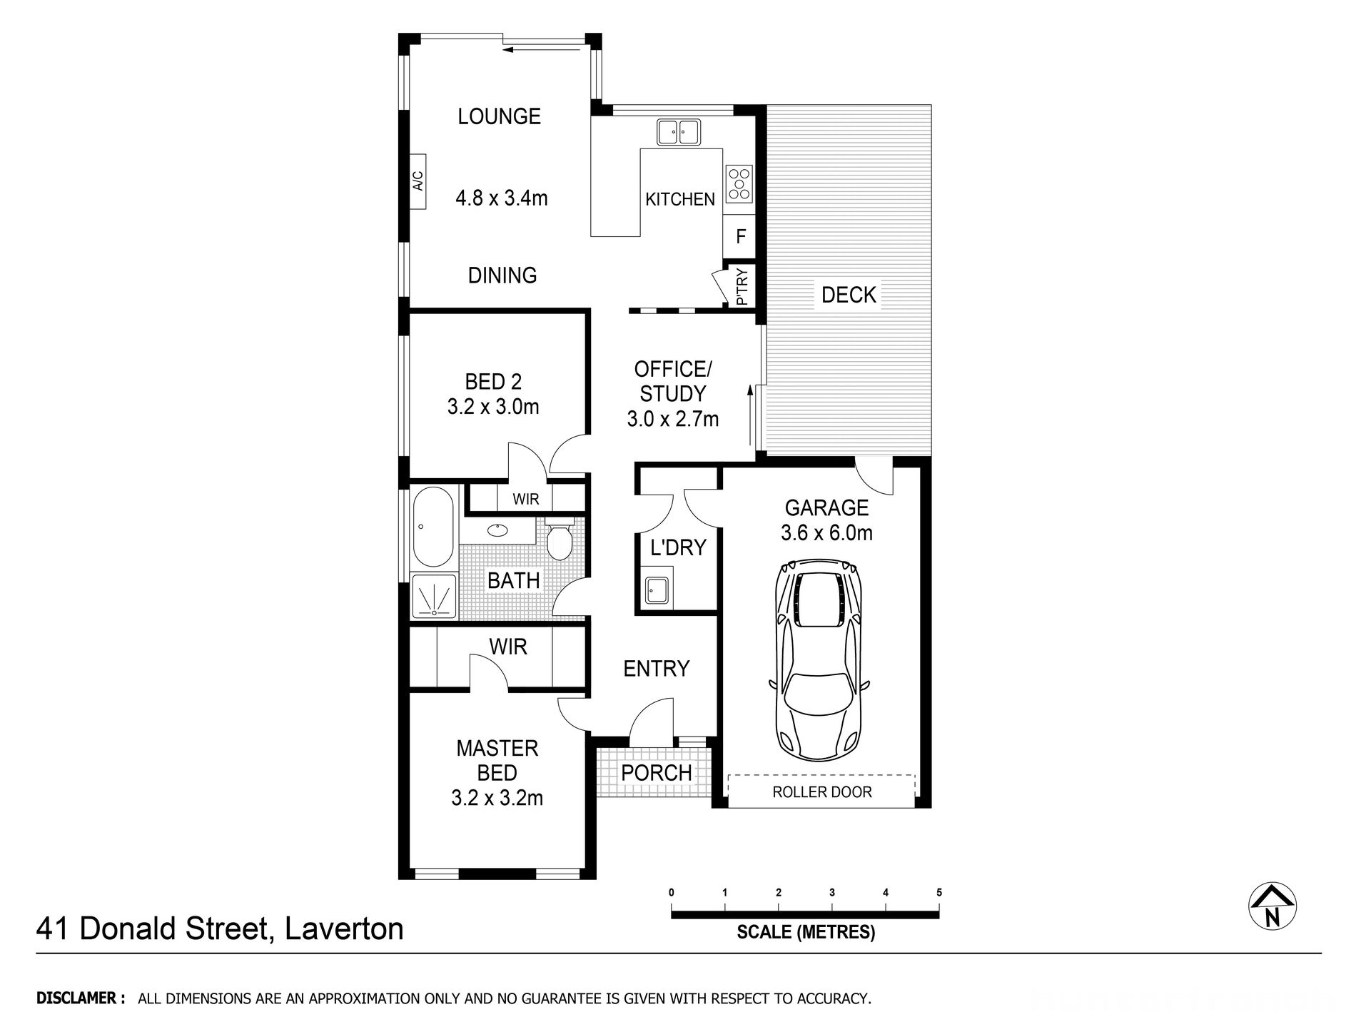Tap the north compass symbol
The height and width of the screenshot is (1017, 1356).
[x=1272, y=907]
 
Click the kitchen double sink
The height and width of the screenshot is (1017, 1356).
[x=678, y=132]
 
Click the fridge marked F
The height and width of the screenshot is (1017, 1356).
[x=741, y=236]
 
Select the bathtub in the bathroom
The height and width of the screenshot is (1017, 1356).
[x=432, y=527]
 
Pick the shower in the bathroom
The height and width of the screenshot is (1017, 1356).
[x=433, y=597]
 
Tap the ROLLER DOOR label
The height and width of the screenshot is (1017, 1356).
[x=821, y=791]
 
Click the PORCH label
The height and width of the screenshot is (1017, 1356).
[x=656, y=772]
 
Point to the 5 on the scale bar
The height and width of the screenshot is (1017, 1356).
[x=939, y=892]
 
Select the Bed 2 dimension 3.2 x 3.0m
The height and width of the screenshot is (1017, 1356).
[x=493, y=407]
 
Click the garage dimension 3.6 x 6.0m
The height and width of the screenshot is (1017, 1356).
[x=826, y=532]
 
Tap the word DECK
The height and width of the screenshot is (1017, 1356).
[x=849, y=294]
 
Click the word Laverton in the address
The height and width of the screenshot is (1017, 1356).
[x=344, y=929]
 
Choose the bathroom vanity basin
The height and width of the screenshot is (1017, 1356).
[x=497, y=530]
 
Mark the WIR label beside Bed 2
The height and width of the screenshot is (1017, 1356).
[x=526, y=499]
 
